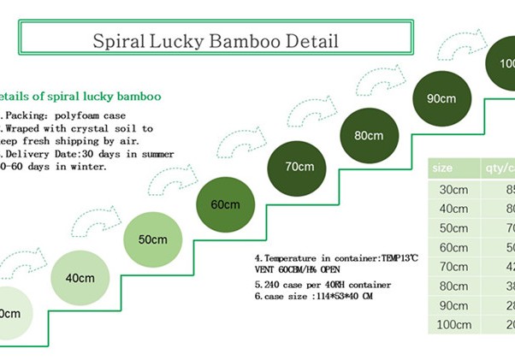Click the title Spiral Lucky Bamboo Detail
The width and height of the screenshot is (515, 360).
(x=215, y=40)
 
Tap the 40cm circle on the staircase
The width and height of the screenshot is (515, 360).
(x=79, y=277)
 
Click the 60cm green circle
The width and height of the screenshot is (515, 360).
(x=224, y=204)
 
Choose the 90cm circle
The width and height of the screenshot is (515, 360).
(x=441, y=97)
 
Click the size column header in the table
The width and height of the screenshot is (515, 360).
(x=442, y=167)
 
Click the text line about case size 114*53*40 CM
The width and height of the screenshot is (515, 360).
(x=314, y=297)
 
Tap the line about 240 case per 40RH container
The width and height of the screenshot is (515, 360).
(x=323, y=284)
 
